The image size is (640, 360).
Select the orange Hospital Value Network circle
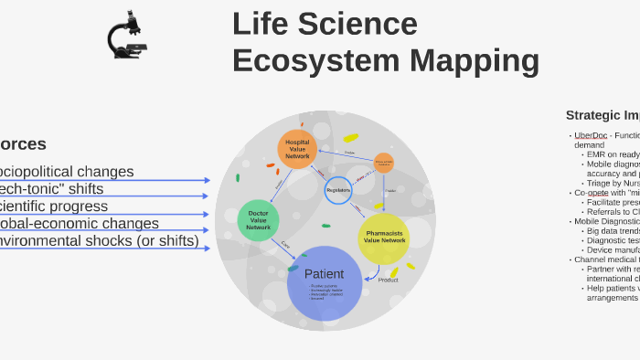pos(297,149)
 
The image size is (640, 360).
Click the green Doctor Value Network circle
pos(259,220)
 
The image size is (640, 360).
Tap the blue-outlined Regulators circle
pos(338,190)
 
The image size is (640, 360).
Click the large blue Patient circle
pos(325,283)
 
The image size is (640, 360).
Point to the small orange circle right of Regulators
pos(384,164)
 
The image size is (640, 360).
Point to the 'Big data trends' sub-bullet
pos(613,231)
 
